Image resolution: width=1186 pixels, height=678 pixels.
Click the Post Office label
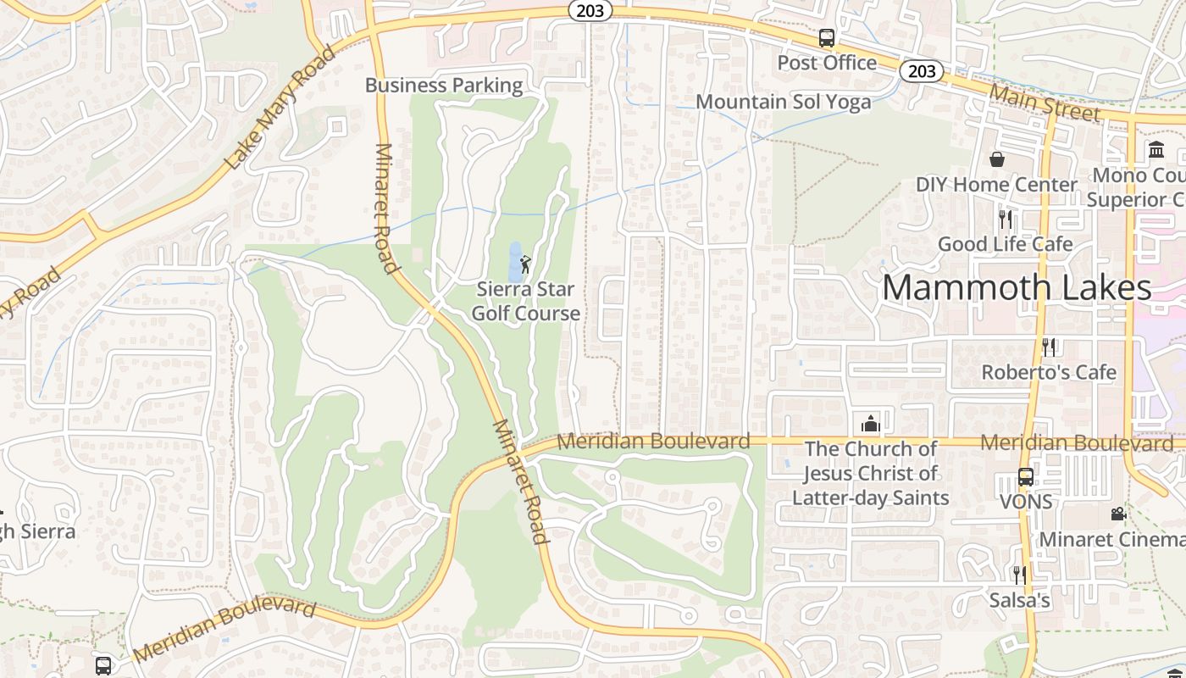pos(827,63)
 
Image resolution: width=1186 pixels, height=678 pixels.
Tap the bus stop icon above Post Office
pos(827,38)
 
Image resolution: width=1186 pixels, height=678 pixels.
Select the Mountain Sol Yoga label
pos(783,102)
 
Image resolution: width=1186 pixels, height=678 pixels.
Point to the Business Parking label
pos(444,85)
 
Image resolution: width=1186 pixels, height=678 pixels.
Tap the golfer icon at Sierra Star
pos(525,264)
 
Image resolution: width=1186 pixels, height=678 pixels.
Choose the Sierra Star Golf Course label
pos(525,301)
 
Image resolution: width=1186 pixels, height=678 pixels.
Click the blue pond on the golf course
pos(514,262)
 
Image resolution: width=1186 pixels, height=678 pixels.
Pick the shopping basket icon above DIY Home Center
pos(997,159)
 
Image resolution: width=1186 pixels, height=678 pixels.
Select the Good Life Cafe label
pos(1005,244)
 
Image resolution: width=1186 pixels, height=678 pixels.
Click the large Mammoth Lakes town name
pos(1017,288)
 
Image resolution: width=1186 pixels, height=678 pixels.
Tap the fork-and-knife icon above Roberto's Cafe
pos(1049,347)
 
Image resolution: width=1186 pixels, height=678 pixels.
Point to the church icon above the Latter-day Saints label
pos(870,423)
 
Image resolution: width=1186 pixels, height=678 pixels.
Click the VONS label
pos(1026,502)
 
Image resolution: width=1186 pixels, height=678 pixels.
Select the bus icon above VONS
pos(1026,477)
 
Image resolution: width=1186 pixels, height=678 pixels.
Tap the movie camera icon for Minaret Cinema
pos(1118,514)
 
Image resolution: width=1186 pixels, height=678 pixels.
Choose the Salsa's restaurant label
pos(1020,601)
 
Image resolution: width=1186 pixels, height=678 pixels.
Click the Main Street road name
pos(1045,104)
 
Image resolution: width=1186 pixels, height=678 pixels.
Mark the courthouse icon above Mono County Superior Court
pos(1156,150)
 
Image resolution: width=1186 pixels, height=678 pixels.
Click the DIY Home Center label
pos(996,185)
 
